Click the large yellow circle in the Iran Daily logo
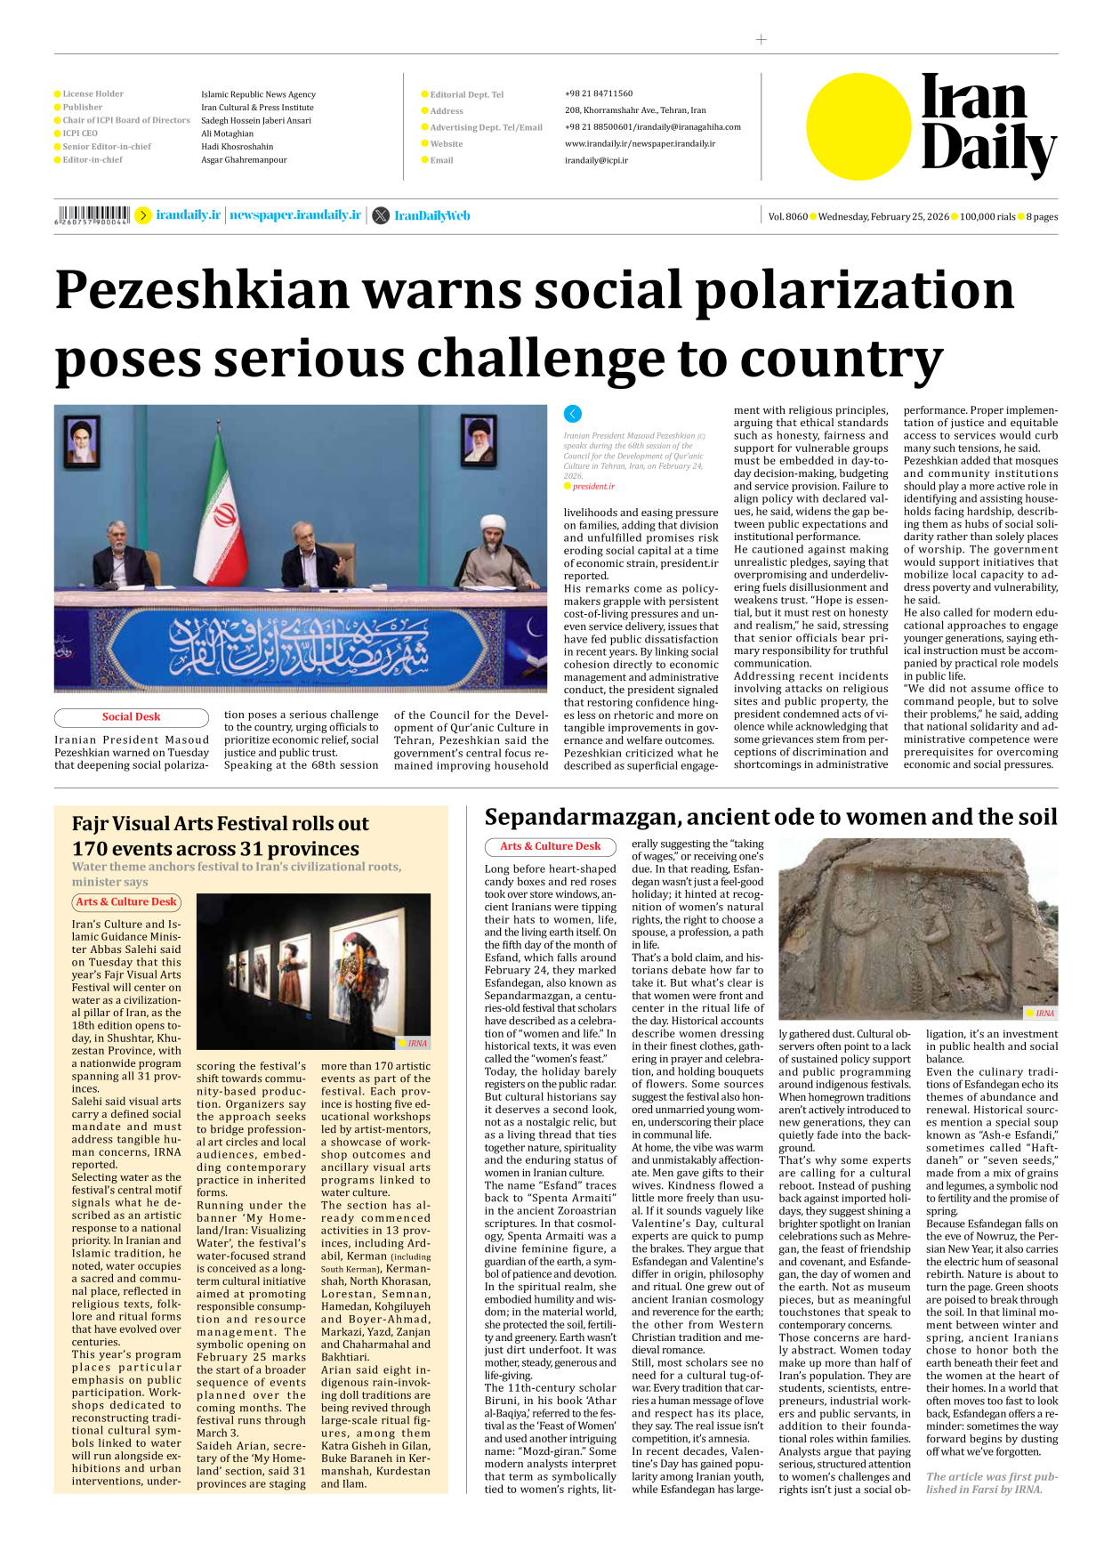858,126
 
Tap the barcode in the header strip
93,214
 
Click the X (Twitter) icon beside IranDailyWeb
381,215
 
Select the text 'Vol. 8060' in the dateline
787,216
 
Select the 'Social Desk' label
131,717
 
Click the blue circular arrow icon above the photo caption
573,414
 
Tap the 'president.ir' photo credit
593,487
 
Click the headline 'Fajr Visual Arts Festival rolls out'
220,824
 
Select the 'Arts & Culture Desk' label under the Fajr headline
126,902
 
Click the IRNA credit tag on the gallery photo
415,1043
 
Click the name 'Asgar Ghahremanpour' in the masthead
244,160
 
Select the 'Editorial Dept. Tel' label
466,94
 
